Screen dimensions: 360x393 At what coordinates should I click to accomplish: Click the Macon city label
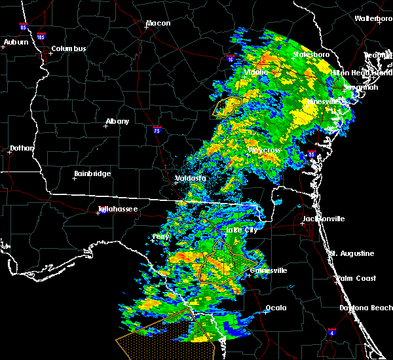pyautogui.click(x=158, y=24)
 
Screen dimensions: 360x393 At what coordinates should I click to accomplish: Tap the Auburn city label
pyautogui.click(x=16, y=43)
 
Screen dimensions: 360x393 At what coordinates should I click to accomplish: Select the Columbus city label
pyautogui.click(x=69, y=49)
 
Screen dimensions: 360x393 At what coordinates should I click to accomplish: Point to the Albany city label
pyautogui.click(x=117, y=122)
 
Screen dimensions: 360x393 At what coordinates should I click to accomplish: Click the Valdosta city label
pyautogui.click(x=191, y=178)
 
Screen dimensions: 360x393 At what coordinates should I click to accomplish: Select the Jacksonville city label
pyautogui.click(x=323, y=219)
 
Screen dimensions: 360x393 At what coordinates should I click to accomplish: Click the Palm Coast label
pyautogui.click(x=357, y=278)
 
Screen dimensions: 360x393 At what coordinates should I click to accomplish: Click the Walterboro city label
pyautogui.click(x=373, y=19)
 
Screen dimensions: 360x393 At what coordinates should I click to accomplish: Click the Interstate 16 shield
pyautogui.click(x=230, y=59)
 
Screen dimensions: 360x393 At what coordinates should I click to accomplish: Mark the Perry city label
pyautogui.click(x=160, y=236)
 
